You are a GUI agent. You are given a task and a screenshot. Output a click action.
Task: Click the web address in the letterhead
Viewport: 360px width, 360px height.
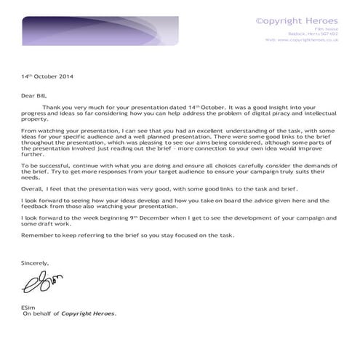click(302, 40)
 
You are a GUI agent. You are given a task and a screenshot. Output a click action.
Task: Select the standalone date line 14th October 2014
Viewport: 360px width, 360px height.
click(47, 76)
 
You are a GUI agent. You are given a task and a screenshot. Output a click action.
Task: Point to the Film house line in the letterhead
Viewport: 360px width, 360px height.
click(328, 28)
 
